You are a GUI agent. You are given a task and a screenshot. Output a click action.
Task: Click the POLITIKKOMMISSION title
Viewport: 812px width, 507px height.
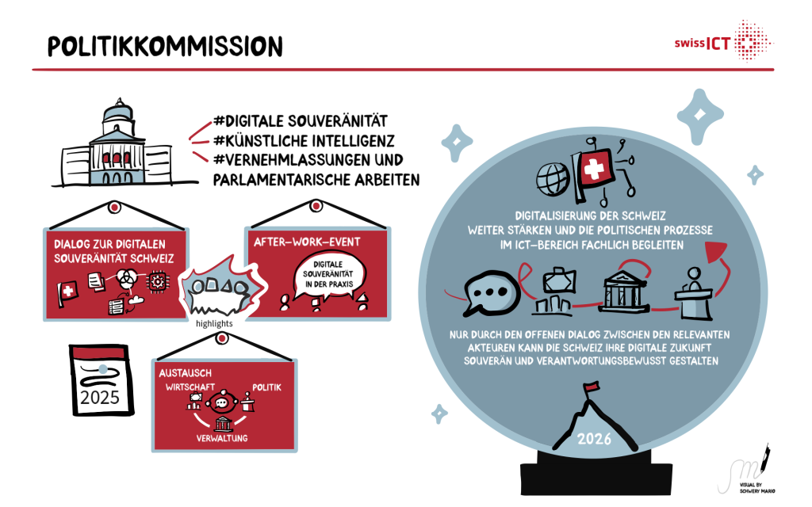tap(165, 46)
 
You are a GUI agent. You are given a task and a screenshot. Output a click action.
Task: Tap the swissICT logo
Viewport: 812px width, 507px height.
tap(721, 40)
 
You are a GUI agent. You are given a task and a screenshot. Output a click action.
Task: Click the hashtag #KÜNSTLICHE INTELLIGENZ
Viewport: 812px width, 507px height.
tap(305, 141)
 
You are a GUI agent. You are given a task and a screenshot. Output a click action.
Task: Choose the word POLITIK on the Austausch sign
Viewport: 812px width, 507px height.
tap(266, 387)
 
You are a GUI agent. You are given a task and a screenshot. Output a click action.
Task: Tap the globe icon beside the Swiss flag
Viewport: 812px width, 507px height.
tap(552, 176)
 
